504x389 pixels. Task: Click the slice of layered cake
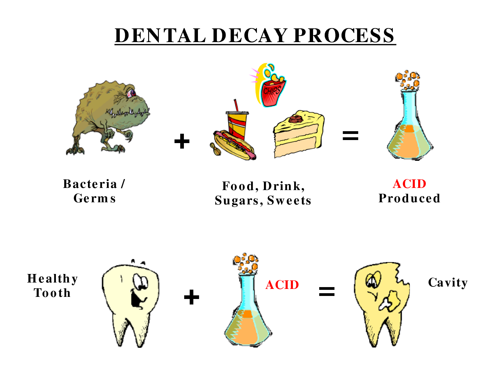(299, 134)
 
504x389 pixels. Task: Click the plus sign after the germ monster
(182, 141)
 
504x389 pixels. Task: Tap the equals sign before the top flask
(350, 136)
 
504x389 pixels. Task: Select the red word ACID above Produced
(409, 184)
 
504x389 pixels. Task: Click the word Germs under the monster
(95, 199)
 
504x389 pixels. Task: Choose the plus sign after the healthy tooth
(191, 297)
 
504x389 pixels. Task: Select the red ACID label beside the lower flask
(282, 285)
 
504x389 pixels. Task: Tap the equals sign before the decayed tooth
(327, 292)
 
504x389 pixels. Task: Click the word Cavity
(448, 283)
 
